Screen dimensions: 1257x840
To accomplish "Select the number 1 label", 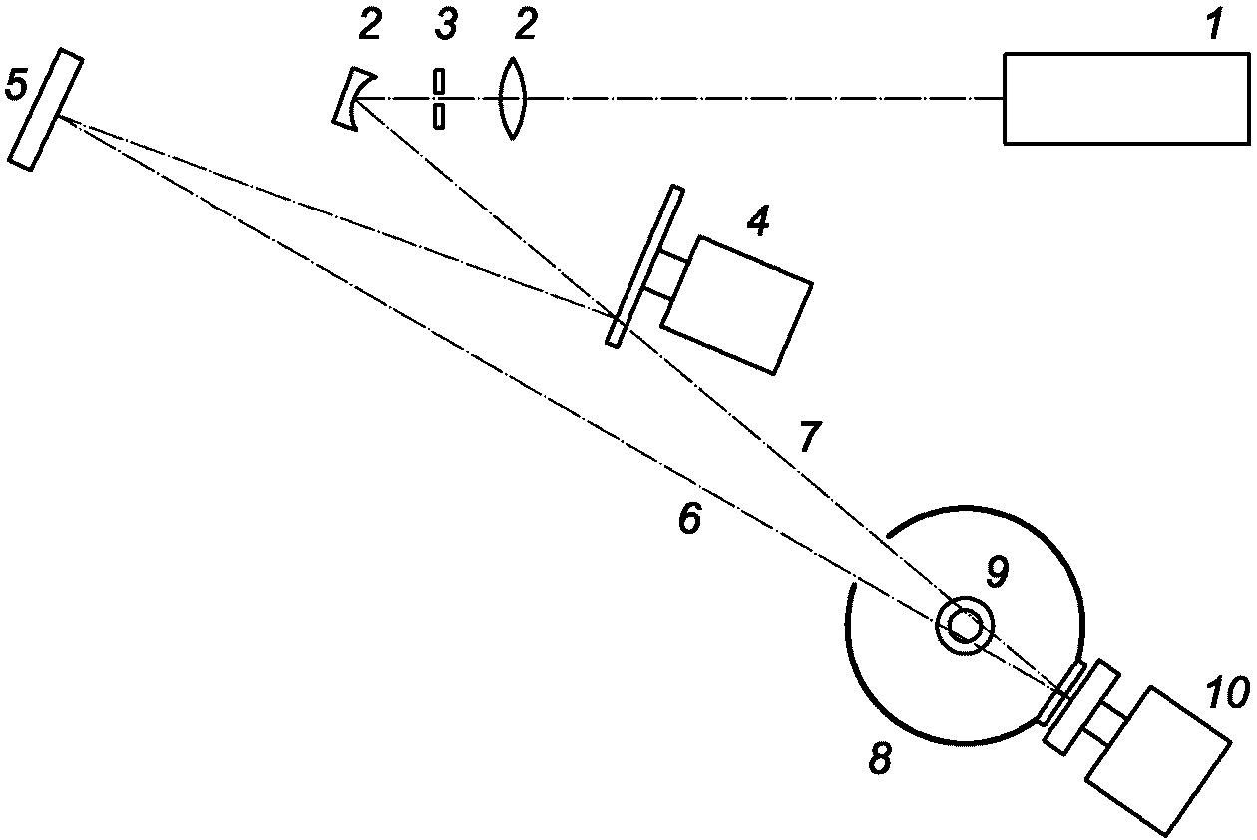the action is [x=1213, y=25].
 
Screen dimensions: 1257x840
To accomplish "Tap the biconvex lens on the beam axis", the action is [x=511, y=98].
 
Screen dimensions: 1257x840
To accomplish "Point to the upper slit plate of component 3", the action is [x=439, y=81].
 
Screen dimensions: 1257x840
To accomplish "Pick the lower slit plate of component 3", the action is [x=439, y=116].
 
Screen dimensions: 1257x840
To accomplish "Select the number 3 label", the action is [x=446, y=25].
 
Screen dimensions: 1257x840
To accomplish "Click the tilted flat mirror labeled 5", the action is [x=46, y=110].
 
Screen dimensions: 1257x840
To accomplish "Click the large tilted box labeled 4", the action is [x=737, y=305].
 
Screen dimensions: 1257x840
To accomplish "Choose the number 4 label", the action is [x=757, y=221].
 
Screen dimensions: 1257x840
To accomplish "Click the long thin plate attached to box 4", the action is [x=645, y=266].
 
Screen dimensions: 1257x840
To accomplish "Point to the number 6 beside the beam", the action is [x=689, y=518].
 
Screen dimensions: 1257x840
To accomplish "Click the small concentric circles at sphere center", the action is [x=964, y=626].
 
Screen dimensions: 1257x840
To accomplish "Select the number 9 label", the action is [x=998, y=572].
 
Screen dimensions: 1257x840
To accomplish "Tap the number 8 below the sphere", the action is [x=879, y=758].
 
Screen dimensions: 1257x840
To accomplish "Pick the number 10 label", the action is [x=1228, y=692].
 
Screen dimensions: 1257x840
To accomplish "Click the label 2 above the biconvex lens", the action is [x=525, y=25].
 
